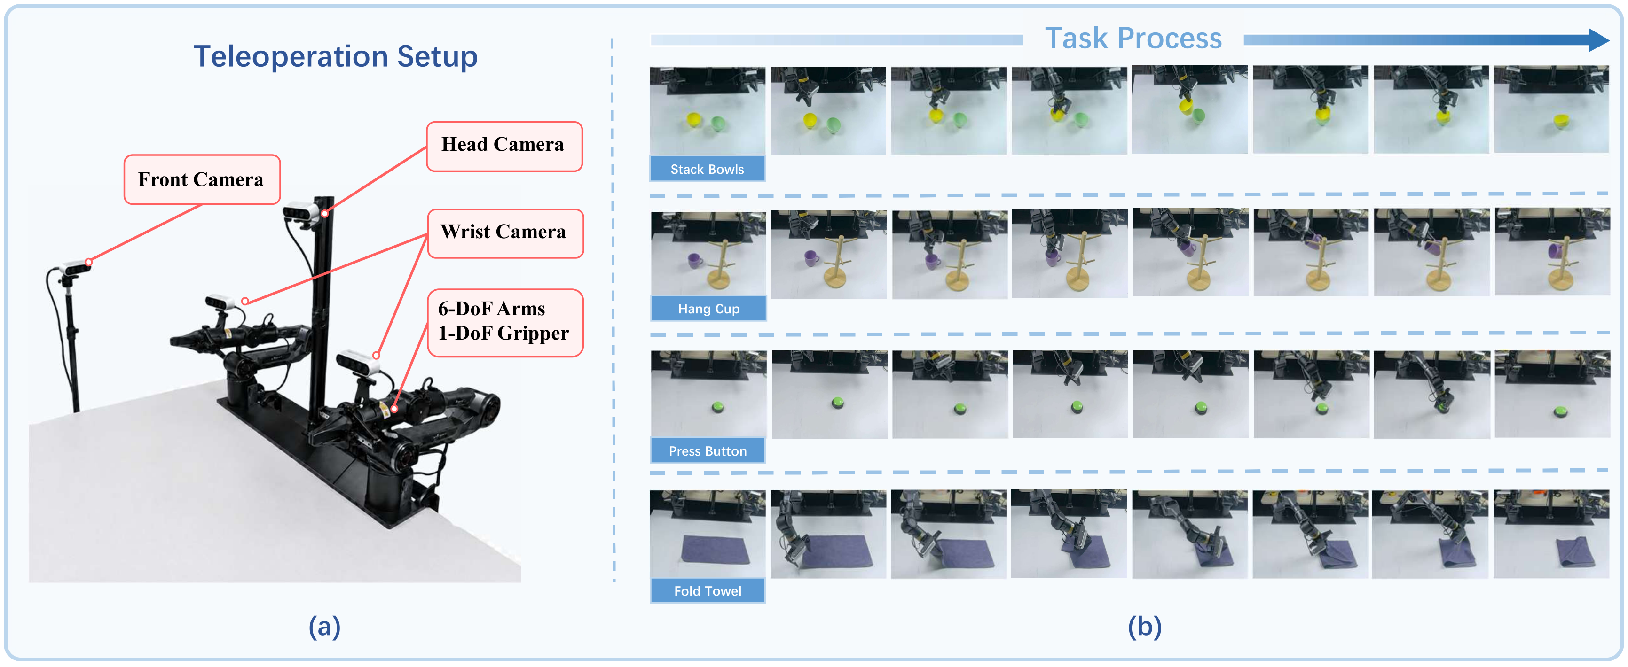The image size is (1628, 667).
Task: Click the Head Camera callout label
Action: (x=503, y=146)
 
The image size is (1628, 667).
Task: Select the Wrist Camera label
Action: (x=504, y=233)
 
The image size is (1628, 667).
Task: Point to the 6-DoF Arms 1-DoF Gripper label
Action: (x=504, y=322)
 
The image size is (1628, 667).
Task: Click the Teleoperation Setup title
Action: (x=336, y=57)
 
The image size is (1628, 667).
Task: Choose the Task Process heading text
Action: (x=1133, y=39)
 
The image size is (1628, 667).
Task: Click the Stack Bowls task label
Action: (x=707, y=169)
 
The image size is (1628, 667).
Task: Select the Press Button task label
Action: (x=708, y=451)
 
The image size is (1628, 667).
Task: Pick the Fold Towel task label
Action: (x=708, y=590)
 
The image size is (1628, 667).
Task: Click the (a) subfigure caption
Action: (x=324, y=627)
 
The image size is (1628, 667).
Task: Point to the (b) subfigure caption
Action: (x=1145, y=627)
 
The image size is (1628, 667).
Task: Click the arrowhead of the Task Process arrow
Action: (x=1599, y=40)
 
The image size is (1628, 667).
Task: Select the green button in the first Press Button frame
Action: (x=718, y=407)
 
